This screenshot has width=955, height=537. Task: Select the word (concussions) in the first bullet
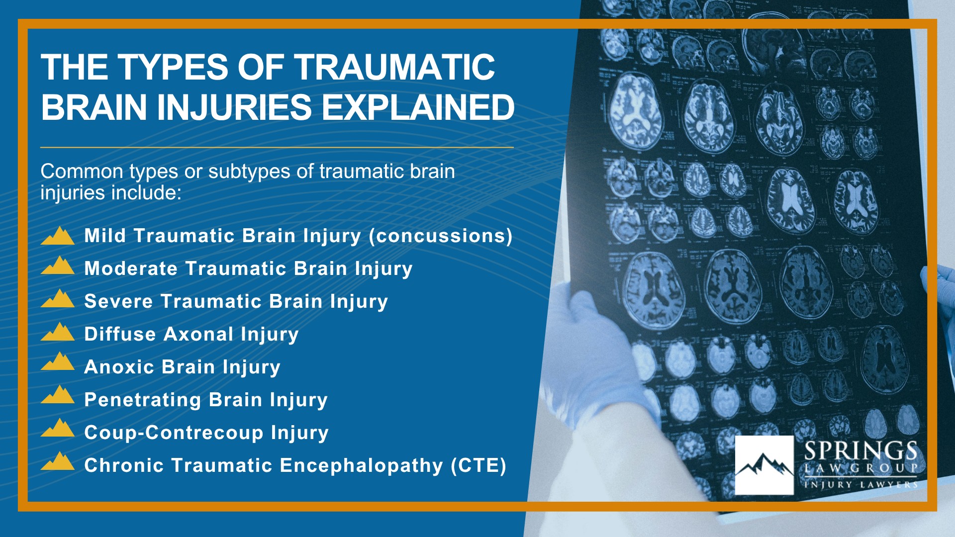[441, 236]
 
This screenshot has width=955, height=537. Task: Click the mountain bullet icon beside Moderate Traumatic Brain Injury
[58, 266]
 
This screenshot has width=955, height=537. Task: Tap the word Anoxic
[119, 367]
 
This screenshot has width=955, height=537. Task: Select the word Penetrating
[143, 400]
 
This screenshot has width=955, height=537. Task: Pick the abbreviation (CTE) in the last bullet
[478, 465]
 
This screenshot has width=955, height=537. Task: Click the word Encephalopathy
[361, 465]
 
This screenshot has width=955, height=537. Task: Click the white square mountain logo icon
[764, 465]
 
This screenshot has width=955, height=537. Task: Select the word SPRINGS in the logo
[860, 451]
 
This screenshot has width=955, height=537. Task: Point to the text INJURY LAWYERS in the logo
[860, 484]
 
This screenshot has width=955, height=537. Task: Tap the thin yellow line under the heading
[277, 148]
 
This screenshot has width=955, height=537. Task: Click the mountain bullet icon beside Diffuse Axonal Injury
[58, 332]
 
